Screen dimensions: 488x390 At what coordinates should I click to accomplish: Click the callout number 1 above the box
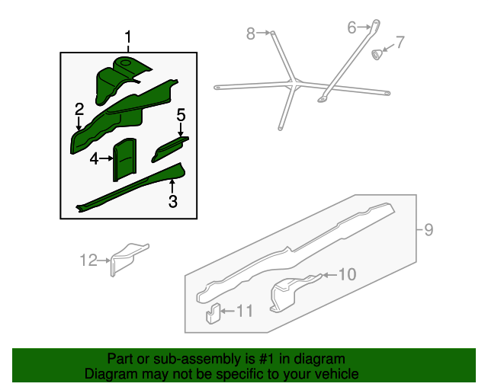(x=128, y=37)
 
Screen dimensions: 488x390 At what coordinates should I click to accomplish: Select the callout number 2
(x=79, y=109)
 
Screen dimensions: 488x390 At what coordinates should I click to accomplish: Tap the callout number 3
(x=173, y=201)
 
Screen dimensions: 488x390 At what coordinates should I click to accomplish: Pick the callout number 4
(x=94, y=159)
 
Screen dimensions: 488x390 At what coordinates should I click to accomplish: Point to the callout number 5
(x=181, y=115)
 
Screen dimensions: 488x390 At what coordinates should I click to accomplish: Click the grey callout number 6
(x=352, y=27)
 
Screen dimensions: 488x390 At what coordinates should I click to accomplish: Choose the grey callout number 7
(x=400, y=42)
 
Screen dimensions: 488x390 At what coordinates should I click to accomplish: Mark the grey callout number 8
(x=251, y=34)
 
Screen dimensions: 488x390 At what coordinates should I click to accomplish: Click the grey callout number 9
(x=429, y=230)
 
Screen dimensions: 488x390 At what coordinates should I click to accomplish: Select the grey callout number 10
(x=347, y=275)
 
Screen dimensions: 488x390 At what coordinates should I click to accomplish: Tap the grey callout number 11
(x=245, y=311)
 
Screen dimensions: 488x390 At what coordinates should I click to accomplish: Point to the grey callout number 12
(x=88, y=260)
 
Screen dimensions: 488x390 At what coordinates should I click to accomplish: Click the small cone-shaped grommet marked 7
(x=377, y=54)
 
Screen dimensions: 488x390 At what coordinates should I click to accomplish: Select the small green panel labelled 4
(x=124, y=159)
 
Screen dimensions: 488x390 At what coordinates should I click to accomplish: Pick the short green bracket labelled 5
(x=170, y=149)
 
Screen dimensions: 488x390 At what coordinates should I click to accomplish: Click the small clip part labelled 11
(x=213, y=314)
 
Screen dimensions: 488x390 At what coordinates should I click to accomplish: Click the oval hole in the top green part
(x=125, y=62)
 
